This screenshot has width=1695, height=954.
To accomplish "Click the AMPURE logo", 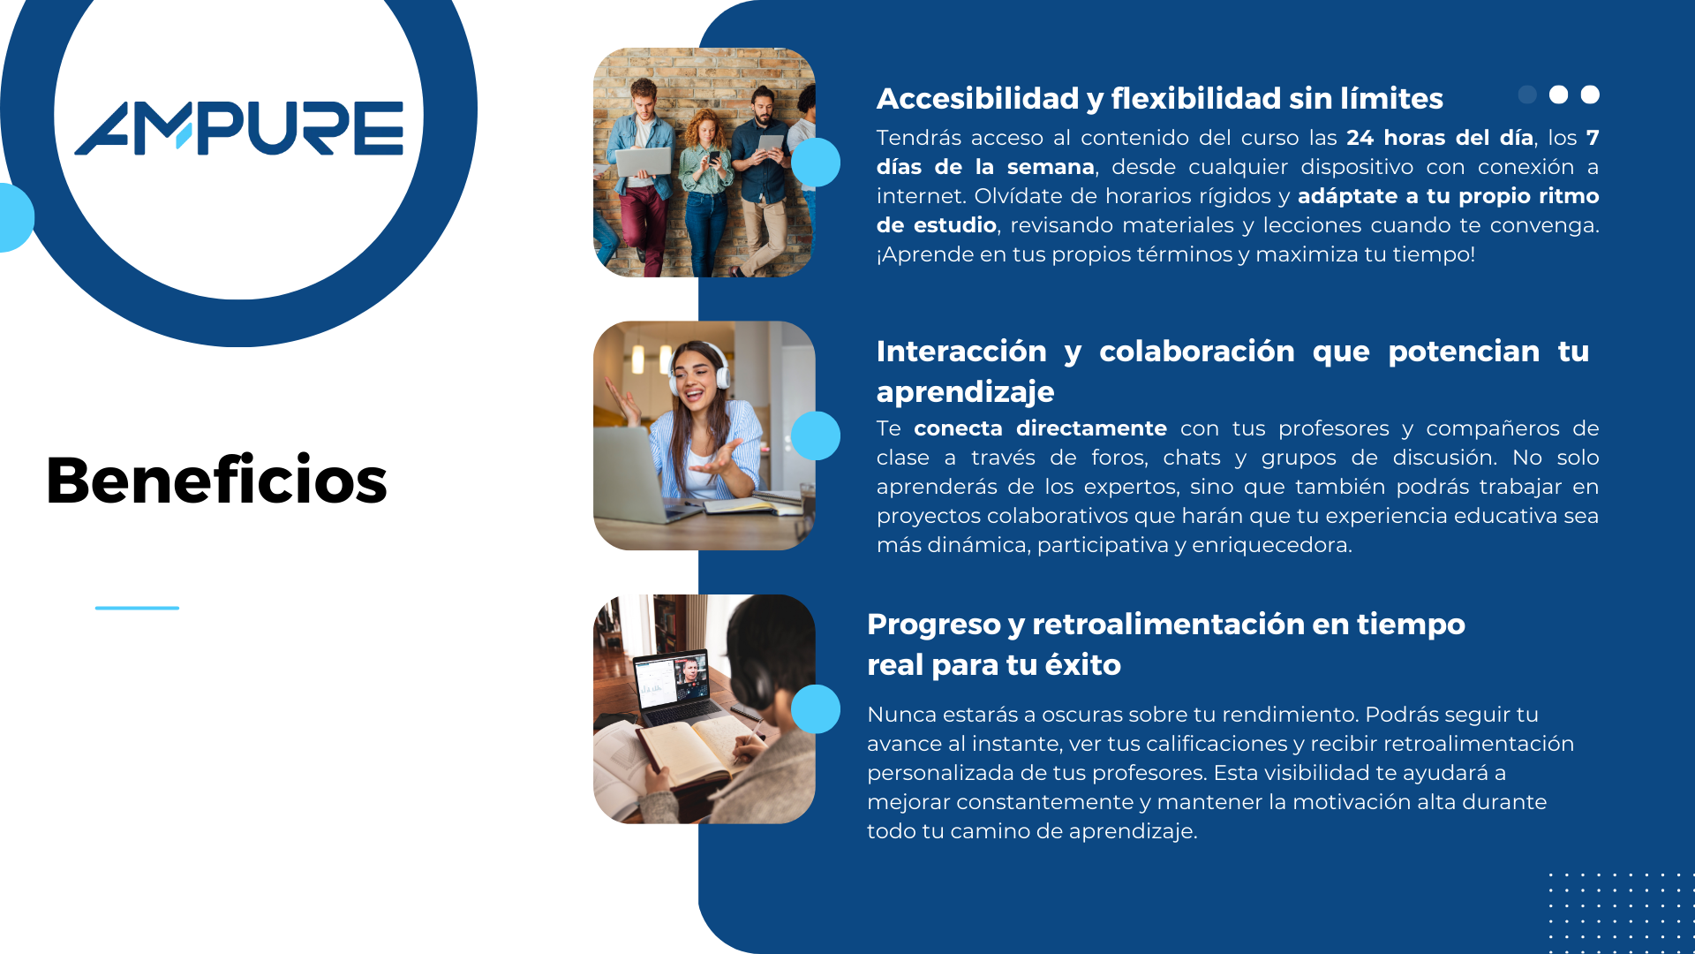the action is [239, 128].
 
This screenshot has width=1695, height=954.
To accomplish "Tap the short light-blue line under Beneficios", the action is [137, 608].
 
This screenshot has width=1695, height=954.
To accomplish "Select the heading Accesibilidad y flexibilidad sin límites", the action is [1159, 99].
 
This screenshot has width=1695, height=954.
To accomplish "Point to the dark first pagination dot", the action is [1527, 95].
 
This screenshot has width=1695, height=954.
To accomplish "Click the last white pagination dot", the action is [1590, 95].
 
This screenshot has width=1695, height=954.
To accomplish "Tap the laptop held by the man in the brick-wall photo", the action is [643, 162].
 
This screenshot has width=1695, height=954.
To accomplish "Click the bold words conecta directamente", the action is [1040, 428].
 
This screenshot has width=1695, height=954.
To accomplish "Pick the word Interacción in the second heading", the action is [961, 352].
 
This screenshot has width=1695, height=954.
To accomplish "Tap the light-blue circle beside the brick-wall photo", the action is [816, 163].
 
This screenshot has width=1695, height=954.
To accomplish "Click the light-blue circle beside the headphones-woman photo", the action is [816, 435].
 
